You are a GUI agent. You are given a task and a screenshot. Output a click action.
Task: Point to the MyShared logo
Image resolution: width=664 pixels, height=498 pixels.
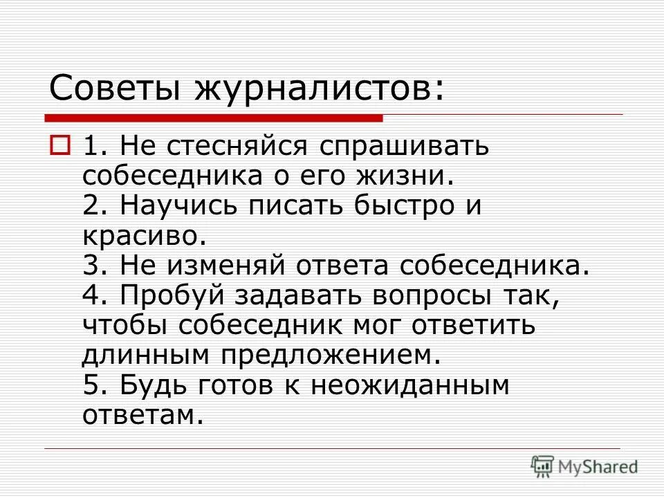click(584, 466)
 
